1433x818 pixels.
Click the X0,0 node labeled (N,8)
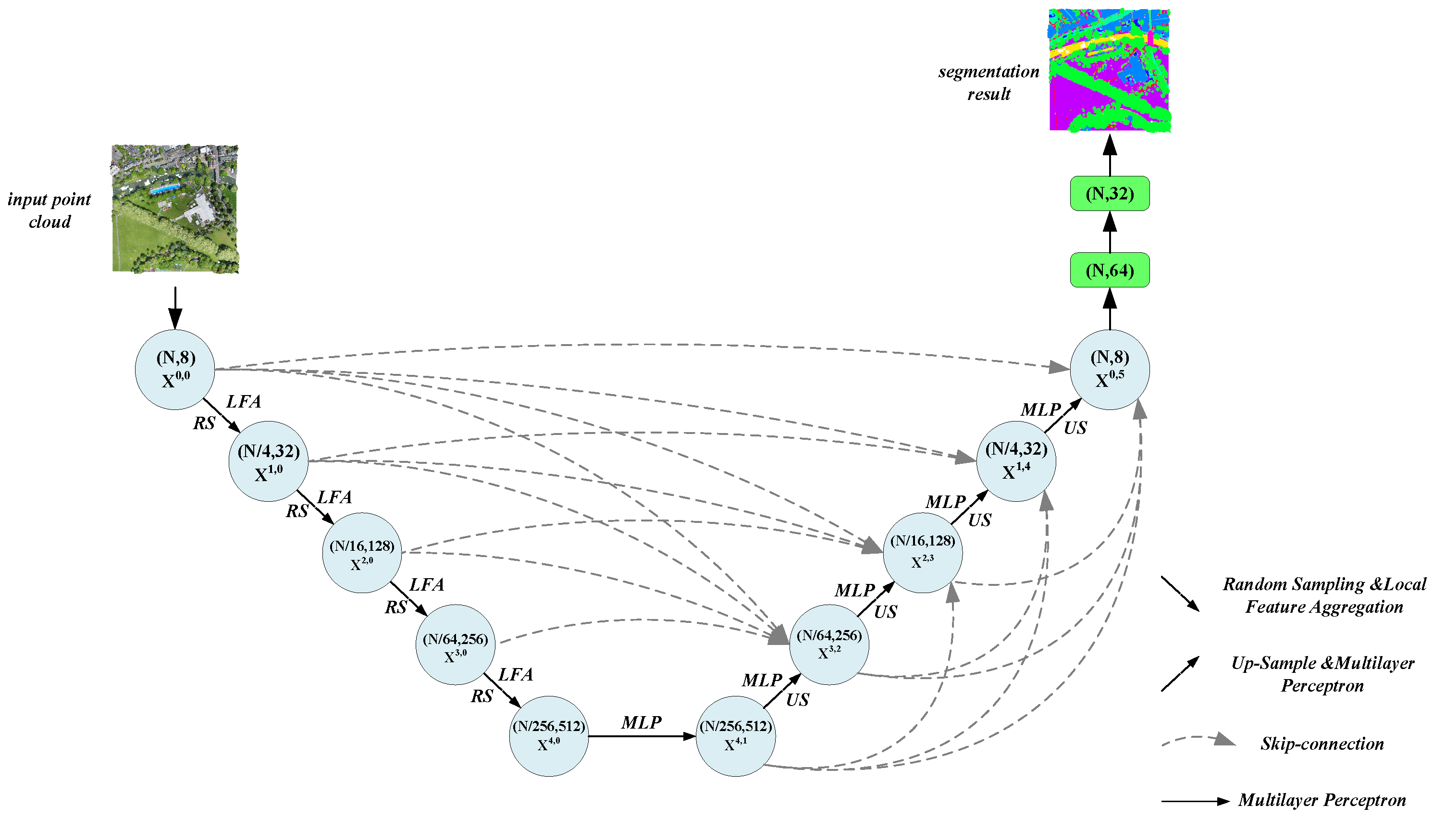coord(175,369)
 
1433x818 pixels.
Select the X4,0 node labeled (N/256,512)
coord(548,735)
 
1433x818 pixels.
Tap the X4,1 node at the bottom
coord(735,735)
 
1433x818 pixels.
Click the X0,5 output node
coord(1109,369)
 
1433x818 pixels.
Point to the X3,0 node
coord(455,644)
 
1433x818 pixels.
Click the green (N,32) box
coord(1109,194)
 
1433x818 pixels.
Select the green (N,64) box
coord(1109,270)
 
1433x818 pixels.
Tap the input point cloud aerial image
coord(175,209)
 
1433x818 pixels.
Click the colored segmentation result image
coord(1109,70)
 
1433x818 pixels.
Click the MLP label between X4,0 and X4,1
coord(641,722)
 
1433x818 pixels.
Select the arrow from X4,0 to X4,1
coord(641,736)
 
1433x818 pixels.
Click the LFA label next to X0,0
coord(243,402)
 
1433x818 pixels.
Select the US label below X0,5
coord(1075,428)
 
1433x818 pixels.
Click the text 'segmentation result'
coord(988,83)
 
